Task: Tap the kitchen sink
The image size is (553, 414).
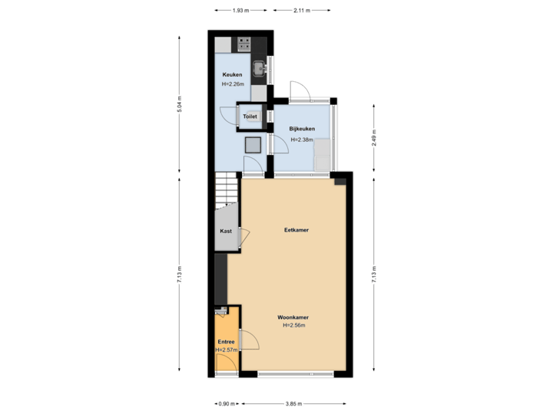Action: (x=261, y=68)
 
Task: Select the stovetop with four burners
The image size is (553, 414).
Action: (x=245, y=43)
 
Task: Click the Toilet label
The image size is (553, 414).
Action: (x=250, y=117)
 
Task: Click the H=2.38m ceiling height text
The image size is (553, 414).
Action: (x=301, y=140)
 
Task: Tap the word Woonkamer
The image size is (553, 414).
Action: (x=293, y=316)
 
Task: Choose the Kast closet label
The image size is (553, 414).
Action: (x=226, y=230)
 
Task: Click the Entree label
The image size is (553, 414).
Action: (x=226, y=341)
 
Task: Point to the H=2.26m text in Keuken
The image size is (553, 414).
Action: (x=232, y=84)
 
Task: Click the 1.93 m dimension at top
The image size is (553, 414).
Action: (x=241, y=10)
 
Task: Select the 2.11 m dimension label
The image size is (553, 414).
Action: (x=302, y=10)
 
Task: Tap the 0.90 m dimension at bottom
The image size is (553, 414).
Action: (x=225, y=404)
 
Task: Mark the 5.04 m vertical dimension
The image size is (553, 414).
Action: (x=179, y=104)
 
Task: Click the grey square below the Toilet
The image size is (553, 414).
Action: (x=253, y=144)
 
